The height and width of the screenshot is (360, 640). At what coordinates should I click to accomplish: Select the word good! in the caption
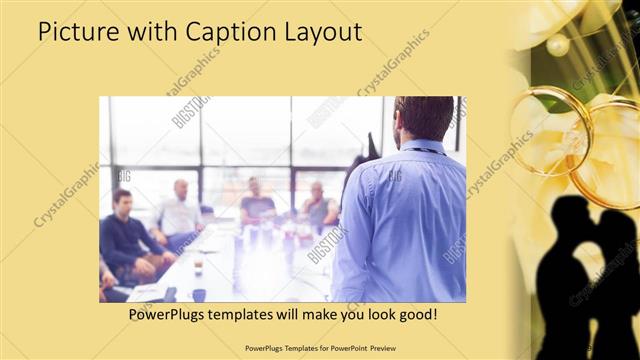point(413,315)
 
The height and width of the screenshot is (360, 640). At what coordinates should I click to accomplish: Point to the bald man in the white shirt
point(180,210)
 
